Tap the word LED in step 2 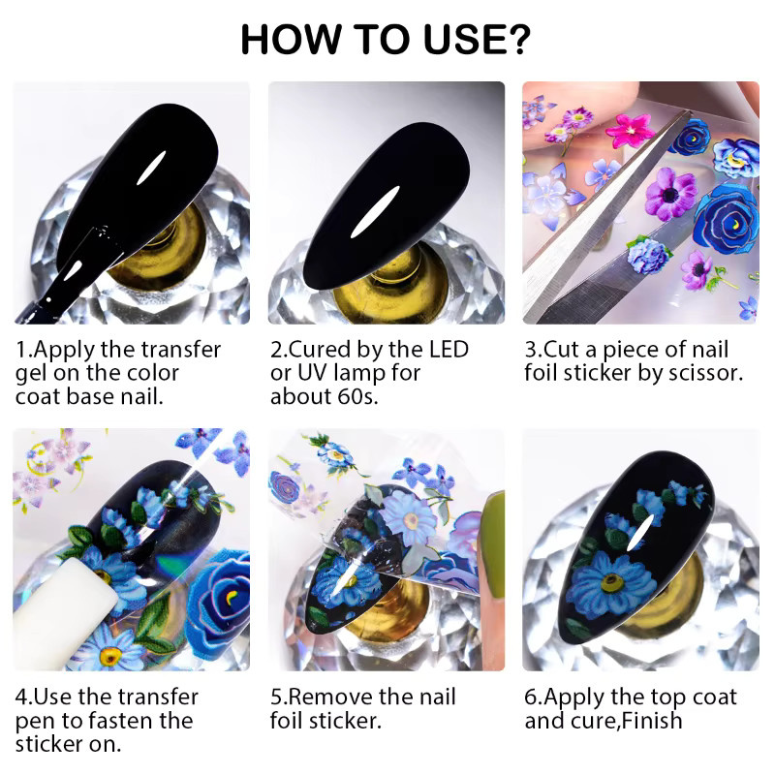[x=449, y=350]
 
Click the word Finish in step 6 [x=652, y=721]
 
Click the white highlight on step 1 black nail [x=151, y=168]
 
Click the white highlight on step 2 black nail [x=375, y=212]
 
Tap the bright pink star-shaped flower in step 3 [x=630, y=130]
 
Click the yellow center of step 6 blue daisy [x=612, y=583]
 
